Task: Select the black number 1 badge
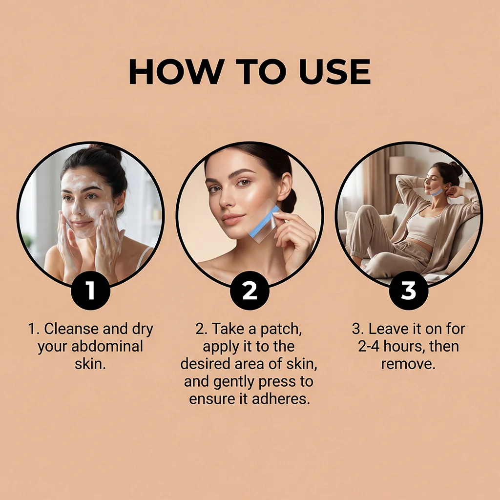90,290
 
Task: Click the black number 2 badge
250,290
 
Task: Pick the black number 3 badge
409,290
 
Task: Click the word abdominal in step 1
107,346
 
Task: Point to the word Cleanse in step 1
71,329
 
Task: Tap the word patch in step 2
281,329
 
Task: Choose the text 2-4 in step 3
369,346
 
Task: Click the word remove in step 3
408,364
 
